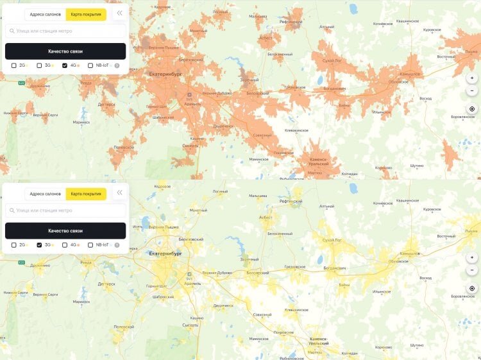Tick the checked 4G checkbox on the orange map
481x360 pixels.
(x=65, y=65)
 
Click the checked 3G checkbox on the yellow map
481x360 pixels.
(x=40, y=245)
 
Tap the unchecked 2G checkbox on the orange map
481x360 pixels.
(x=14, y=65)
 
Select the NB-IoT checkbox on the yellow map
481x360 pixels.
(x=90, y=245)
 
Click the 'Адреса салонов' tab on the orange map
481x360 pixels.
(x=45, y=14)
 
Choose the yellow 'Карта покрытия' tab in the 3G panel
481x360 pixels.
(x=85, y=194)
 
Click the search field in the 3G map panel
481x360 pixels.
(x=65, y=210)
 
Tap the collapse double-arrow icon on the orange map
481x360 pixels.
(x=119, y=13)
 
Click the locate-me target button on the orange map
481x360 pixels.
(x=472, y=109)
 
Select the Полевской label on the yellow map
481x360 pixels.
(x=123, y=327)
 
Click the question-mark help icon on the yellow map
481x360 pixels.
(x=117, y=245)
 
